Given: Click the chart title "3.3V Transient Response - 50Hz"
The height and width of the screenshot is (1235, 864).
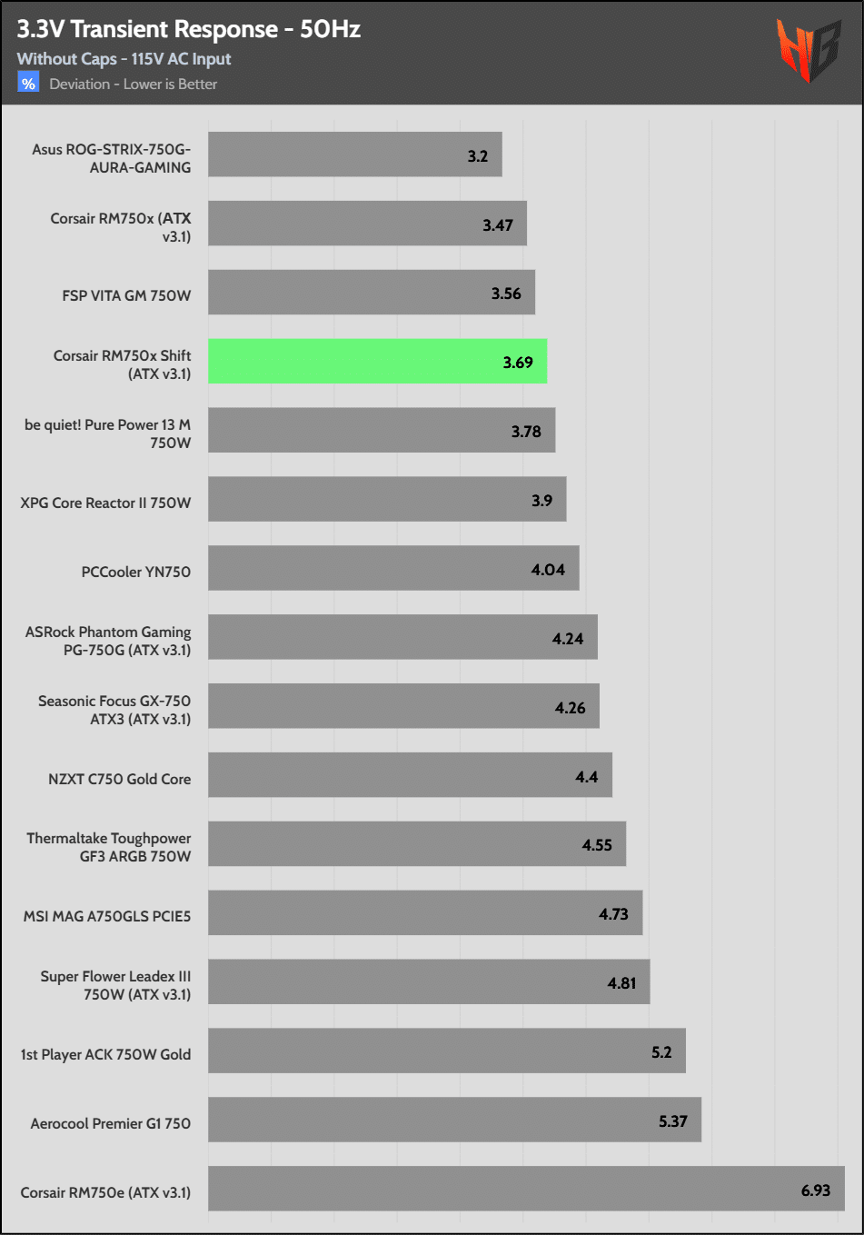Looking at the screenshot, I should click(x=189, y=29).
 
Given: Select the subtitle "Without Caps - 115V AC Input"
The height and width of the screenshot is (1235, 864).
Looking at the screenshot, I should click(x=124, y=59).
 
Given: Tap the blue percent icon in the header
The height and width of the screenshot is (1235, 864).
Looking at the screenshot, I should click(x=28, y=84).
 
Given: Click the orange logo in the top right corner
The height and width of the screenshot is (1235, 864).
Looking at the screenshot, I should click(x=807, y=50).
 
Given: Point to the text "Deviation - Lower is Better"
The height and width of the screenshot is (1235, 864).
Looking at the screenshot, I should click(x=133, y=85).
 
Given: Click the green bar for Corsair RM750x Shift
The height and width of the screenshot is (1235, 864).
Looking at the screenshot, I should click(x=377, y=362).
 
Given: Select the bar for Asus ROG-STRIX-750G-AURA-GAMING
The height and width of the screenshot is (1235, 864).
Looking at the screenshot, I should click(x=354, y=154).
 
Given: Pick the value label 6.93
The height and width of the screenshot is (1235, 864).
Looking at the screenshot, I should click(x=815, y=1190).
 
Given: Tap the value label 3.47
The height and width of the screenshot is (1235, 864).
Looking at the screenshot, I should click(x=498, y=225).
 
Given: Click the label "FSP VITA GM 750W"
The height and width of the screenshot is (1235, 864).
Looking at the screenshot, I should click(x=126, y=295).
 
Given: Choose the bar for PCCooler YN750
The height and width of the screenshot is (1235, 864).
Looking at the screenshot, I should click(x=393, y=569).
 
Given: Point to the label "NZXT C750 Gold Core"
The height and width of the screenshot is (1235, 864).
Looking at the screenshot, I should click(x=119, y=779).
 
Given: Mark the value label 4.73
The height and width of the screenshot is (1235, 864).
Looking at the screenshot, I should click(x=613, y=914).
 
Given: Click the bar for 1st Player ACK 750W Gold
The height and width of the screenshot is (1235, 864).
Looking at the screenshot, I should click(x=446, y=1051).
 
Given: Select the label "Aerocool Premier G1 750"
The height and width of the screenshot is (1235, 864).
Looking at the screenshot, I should click(x=110, y=1123).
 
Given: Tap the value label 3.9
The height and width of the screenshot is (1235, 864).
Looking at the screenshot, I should click(x=541, y=501).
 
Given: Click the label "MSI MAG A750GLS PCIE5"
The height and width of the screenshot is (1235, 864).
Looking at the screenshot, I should click(x=107, y=916).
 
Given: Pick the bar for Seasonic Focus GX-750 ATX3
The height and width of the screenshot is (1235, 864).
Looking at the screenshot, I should click(x=403, y=706).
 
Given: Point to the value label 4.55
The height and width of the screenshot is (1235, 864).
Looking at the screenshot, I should click(x=597, y=845).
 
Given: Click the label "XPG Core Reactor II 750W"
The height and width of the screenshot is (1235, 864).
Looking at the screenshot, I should click(x=105, y=503).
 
